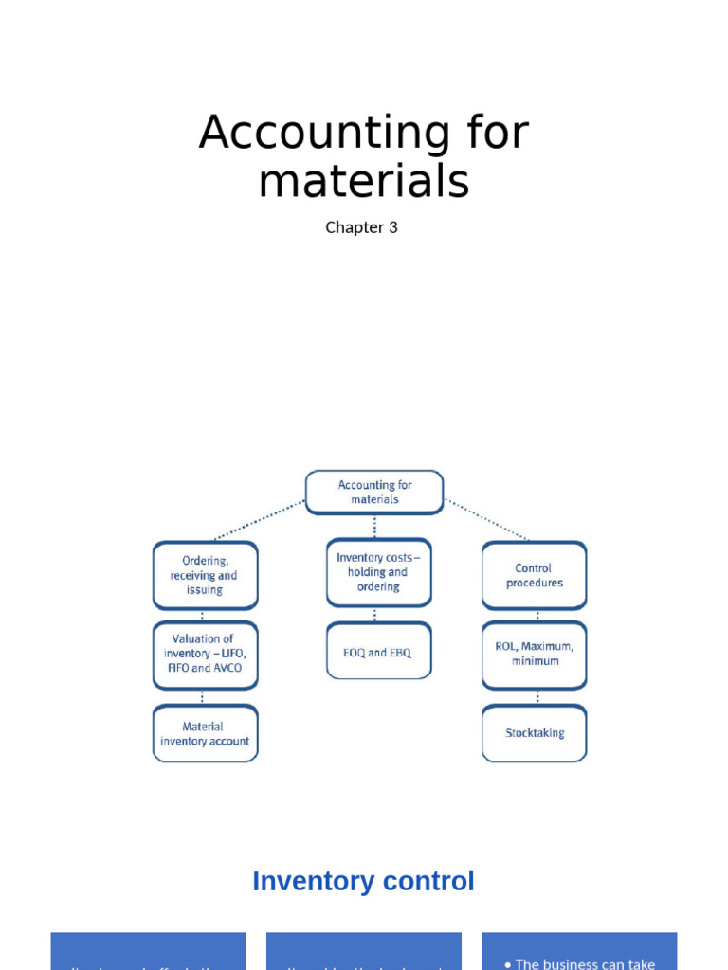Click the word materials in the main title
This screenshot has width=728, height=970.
pyautogui.click(x=363, y=181)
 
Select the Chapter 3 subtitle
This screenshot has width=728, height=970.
pyautogui.click(x=361, y=227)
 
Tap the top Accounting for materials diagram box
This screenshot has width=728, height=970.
pyautogui.click(x=374, y=492)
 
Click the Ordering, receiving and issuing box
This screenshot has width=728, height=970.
pyautogui.click(x=205, y=575)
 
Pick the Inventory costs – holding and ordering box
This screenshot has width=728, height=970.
pyautogui.click(x=378, y=572)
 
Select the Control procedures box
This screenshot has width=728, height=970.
pyautogui.click(x=534, y=575)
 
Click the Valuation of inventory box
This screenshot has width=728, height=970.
pyautogui.click(x=205, y=654)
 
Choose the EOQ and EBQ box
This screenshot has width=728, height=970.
pyautogui.click(x=378, y=652)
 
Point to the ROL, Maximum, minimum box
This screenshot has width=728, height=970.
pyautogui.click(x=534, y=654)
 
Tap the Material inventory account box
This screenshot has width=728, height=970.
pyautogui.click(x=205, y=733)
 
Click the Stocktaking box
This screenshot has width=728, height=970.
pyautogui.click(x=534, y=733)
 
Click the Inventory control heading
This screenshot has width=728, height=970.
pyautogui.click(x=363, y=881)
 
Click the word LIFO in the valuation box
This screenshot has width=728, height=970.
pyautogui.click(x=232, y=654)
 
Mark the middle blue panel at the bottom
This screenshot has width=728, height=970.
pyautogui.click(x=363, y=952)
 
